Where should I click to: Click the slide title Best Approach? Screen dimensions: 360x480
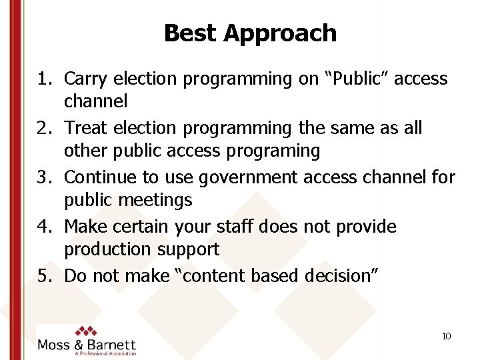(x=250, y=33)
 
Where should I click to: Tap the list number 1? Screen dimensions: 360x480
(x=45, y=79)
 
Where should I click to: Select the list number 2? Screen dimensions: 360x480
(x=45, y=127)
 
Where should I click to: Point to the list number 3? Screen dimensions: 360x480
(x=45, y=177)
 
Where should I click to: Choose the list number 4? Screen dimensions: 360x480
(x=45, y=226)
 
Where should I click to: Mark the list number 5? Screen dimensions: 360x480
(x=45, y=275)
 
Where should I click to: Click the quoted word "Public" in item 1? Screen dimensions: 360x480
(x=357, y=79)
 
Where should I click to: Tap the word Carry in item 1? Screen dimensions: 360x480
(x=85, y=79)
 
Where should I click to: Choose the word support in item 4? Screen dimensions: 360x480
(x=187, y=250)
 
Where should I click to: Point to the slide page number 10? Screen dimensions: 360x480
(x=446, y=336)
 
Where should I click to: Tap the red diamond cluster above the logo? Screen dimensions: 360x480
(x=85, y=331)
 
